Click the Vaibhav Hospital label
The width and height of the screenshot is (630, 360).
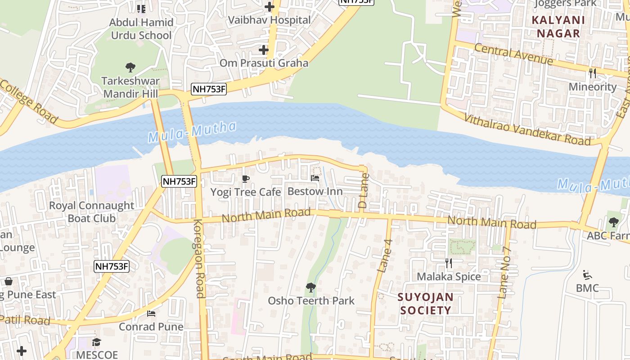pyautogui.click(x=269, y=20)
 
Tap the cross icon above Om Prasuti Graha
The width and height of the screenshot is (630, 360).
pyautogui.click(x=264, y=50)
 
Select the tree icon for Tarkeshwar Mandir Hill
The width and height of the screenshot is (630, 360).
pyautogui.click(x=130, y=68)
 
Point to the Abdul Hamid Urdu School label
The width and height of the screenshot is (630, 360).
pyautogui.click(x=141, y=29)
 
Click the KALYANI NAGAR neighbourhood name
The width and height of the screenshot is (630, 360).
pyautogui.click(x=558, y=27)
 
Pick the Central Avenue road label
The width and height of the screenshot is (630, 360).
pyautogui.click(x=513, y=54)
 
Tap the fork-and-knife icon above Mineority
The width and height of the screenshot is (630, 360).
pyautogui.click(x=593, y=73)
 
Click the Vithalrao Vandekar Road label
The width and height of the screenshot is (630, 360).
pyautogui.click(x=527, y=130)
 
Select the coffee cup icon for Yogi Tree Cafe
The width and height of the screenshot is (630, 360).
pyautogui.click(x=246, y=179)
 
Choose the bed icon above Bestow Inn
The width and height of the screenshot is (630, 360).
pyautogui.click(x=315, y=178)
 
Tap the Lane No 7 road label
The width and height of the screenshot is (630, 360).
pyautogui.click(x=505, y=274)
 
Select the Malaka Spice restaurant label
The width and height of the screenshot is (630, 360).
pyautogui.click(x=449, y=276)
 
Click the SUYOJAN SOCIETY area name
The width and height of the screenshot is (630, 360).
pyautogui.click(x=425, y=304)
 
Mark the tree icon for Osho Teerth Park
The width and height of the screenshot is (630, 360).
pyautogui.click(x=310, y=287)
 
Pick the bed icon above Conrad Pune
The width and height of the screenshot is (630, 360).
pyautogui.click(x=151, y=313)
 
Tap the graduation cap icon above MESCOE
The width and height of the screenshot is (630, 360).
pyautogui.click(x=96, y=342)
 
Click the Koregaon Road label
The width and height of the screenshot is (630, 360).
pyautogui.click(x=199, y=259)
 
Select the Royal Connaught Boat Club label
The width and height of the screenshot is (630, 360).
pyautogui.click(x=91, y=212)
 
